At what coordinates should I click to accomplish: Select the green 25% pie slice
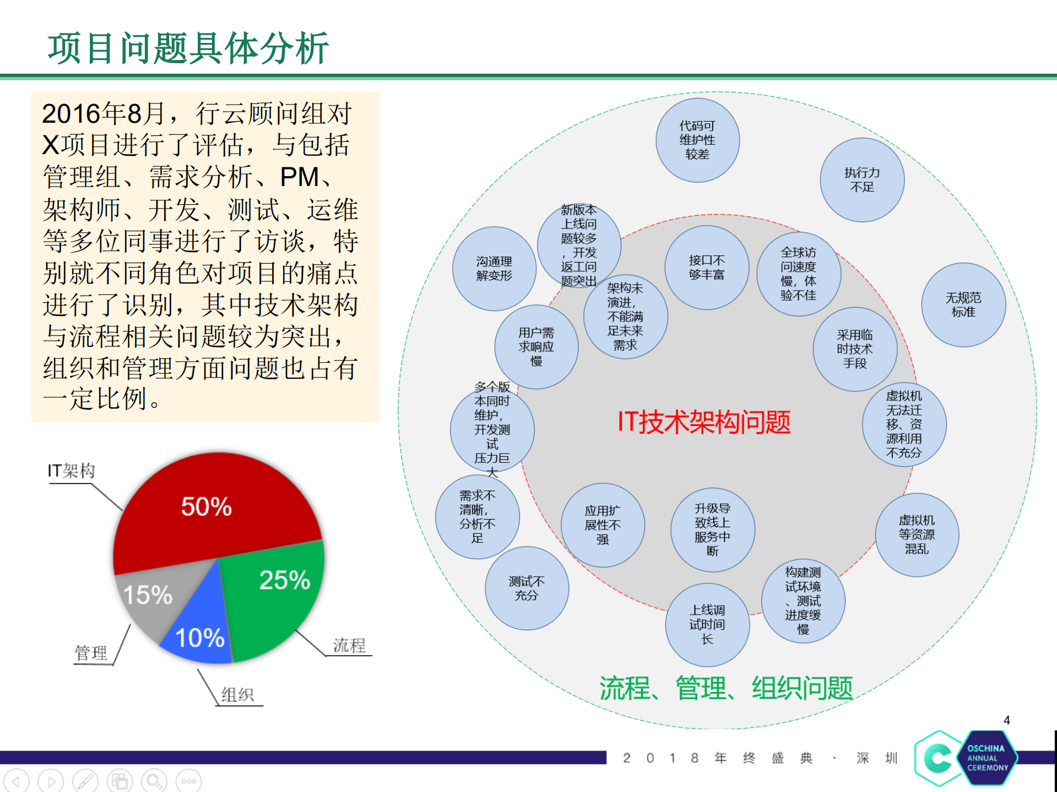pyautogui.click(x=275, y=594)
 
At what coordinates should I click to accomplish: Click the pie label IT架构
pyautogui.click(x=71, y=471)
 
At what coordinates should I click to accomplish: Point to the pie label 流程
pyautogui.click(x=349, y=645)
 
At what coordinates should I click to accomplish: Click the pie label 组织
pyautogui.click(x=237, y=695)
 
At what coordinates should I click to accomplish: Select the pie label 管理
pyautogui.click(x=91, y=653)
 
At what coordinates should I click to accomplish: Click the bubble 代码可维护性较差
pyautogui.click(x=697, y=140)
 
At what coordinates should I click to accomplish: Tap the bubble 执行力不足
pyautogui.click(x=862, y=180)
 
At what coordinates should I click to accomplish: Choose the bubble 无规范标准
pyautogui.click(x=963, y=305)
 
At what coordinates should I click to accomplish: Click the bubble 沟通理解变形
pyautogui.click(x=494, y=269)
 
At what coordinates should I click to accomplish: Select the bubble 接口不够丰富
pyautogui.click(x=707, y=267)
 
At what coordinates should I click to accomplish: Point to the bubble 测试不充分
pyautogui.click(x=527, y=588)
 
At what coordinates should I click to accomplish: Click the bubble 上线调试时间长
pyautogui.click(x=707, y=625)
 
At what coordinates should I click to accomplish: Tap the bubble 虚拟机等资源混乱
pyautogui.click(x=917, y=534)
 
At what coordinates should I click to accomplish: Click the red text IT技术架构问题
pyautogui.click(x=704, y=422)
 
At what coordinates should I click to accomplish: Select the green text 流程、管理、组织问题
pyautogui.click(x=726, y=689)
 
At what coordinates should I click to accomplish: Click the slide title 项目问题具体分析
pyautogui.click(x=188, y=48)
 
